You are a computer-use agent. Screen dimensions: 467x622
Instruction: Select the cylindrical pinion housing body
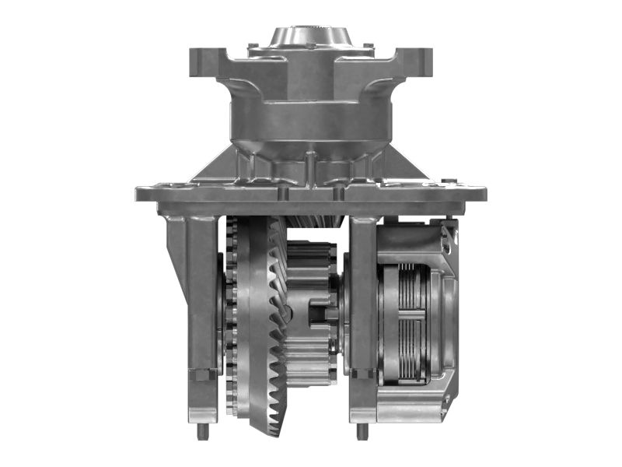pyautogui.click(x=309, y=117)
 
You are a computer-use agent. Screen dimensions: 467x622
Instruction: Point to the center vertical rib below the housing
pyautogui.click(x=310, y=167)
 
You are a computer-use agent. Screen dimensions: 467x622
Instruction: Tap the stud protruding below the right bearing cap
pyautogui.click(x=362, y=430)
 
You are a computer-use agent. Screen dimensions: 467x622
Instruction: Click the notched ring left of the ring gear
pyautogui.click(x=230, y=319)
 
